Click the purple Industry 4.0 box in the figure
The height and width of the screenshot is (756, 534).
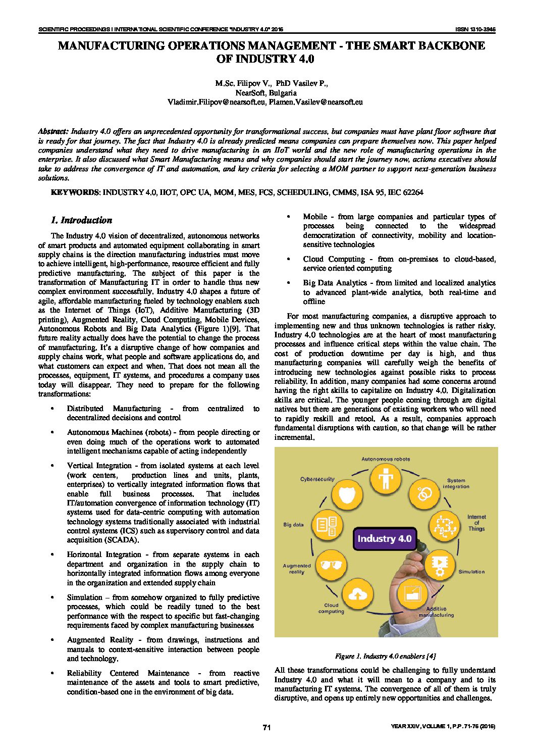click(x=385, y=538)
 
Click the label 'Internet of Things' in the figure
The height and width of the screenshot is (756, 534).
click(x=476, y=523)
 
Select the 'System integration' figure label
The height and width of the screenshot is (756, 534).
click(x=456, y=483)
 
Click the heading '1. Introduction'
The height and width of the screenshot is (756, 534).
click(x=81, y=220)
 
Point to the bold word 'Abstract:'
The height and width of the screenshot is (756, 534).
click(x=54, y=131)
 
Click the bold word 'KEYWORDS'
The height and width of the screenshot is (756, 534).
click(x=75, y=192)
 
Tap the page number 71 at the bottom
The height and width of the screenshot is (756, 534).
click(x=267, y=727)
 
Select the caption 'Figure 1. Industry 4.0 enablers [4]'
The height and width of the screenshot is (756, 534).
click(x=385, y=656)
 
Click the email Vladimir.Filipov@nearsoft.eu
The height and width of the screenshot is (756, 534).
click(x=217, y=102)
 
